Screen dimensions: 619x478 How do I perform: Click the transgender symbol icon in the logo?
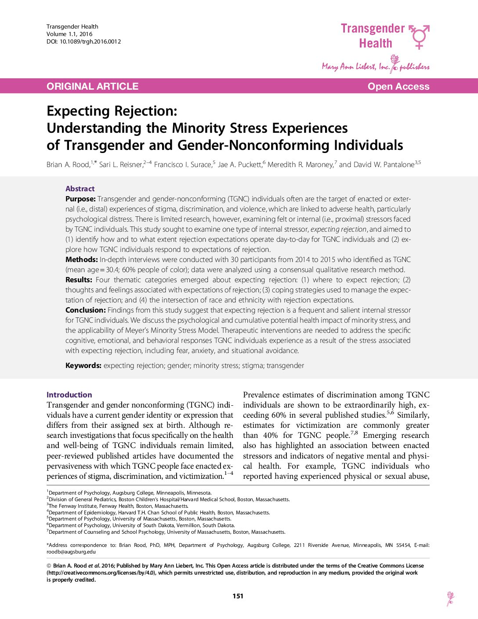[419, 36]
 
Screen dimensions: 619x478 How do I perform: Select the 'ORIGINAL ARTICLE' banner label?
[92, 86]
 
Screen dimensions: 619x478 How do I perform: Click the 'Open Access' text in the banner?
[398, 86]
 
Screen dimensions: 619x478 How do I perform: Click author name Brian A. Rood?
[68, 165]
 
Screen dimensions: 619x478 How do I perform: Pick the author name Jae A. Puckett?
[240, 165]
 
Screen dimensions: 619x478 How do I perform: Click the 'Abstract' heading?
[80, 189]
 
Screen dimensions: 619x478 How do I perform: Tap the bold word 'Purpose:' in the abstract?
[80, 199]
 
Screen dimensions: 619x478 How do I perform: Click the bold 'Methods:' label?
[82, 259]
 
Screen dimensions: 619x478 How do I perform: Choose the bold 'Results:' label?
[79, 280]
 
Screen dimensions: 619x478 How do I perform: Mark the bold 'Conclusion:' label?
[86, 310]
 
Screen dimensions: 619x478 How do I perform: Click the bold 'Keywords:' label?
[83, 365]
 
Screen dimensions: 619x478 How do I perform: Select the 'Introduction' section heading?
[69, 395]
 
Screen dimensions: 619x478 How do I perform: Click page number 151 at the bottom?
[238, 596]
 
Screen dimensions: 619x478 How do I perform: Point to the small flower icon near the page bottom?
[450, 598]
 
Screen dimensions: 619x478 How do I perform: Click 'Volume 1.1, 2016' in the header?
[69, 34]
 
